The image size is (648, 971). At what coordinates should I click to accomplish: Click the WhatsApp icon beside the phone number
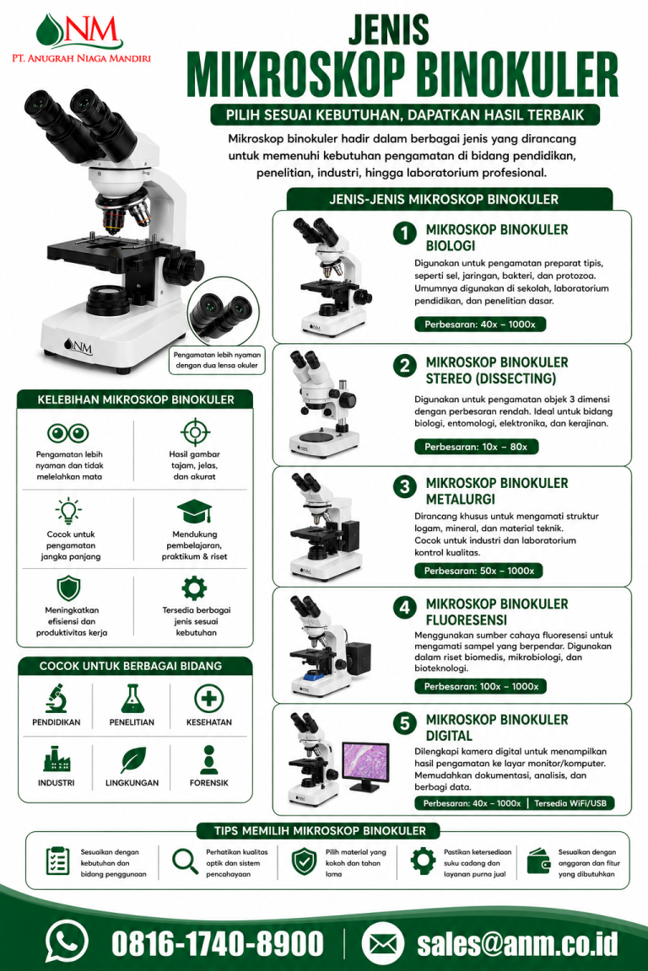coord(67,943)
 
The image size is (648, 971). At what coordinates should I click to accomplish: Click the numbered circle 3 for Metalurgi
coord(404,486)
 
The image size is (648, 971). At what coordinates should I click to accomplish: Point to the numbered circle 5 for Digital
coord(404,723)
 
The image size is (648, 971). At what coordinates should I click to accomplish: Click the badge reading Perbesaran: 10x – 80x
coord(476,447)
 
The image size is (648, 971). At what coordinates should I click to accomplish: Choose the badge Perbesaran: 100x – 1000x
coord(481,686)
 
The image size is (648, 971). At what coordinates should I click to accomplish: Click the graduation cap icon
coord(194,512)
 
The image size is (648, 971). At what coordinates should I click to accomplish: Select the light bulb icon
coord(68,511)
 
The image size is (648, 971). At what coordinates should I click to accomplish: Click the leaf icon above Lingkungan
coord(132,759)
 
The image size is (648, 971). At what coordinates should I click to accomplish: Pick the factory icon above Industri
coord(57,759)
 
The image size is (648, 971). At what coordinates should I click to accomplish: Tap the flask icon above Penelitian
coord(132,698)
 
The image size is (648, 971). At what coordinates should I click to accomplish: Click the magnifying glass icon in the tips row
coord(184,861)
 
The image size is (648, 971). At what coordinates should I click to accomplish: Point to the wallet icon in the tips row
coord(538,861)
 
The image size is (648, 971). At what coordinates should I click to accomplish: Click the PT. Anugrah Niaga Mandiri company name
coord(81,59)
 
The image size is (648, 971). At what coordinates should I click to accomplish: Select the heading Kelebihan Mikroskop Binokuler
coord(136,400)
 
